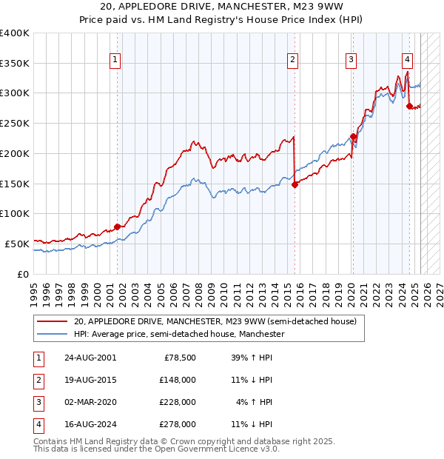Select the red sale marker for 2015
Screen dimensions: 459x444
(x=295, y=184)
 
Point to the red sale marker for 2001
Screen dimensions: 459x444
(x=117, y=227)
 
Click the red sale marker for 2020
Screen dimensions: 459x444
(x=354, y=136)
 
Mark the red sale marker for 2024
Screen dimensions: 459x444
(x=409, y=107)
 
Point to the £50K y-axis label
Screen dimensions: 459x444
(x=18, y=243)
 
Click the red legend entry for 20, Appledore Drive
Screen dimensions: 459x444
(x=215, y=321)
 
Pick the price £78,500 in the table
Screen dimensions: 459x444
(x=179, y=358)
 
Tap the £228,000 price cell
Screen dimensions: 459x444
(x=177, y=402)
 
